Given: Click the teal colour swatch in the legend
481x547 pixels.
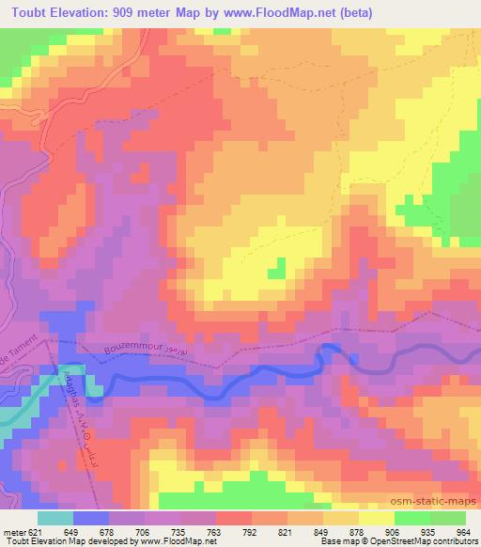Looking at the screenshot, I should coord(54,517).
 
